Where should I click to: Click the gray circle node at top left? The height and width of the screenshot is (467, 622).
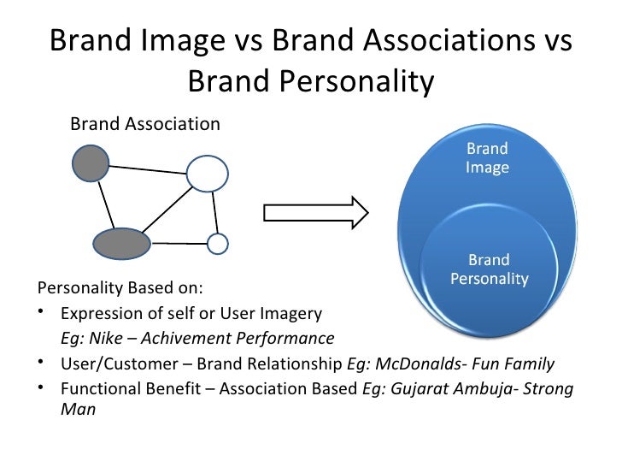click(x=91, y=163)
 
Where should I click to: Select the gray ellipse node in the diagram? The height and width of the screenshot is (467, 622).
click(x=121, y=244)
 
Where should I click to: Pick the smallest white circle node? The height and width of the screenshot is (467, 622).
click(x=218, y=245)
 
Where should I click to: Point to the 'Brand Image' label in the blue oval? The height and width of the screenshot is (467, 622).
click(x=487, y=158)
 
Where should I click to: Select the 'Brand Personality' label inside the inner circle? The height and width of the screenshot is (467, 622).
click(x=489, y=269)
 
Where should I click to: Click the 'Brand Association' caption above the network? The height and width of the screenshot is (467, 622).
click(x=144, y=124)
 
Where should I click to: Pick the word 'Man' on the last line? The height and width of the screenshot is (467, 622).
click(x=78, y=409)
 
